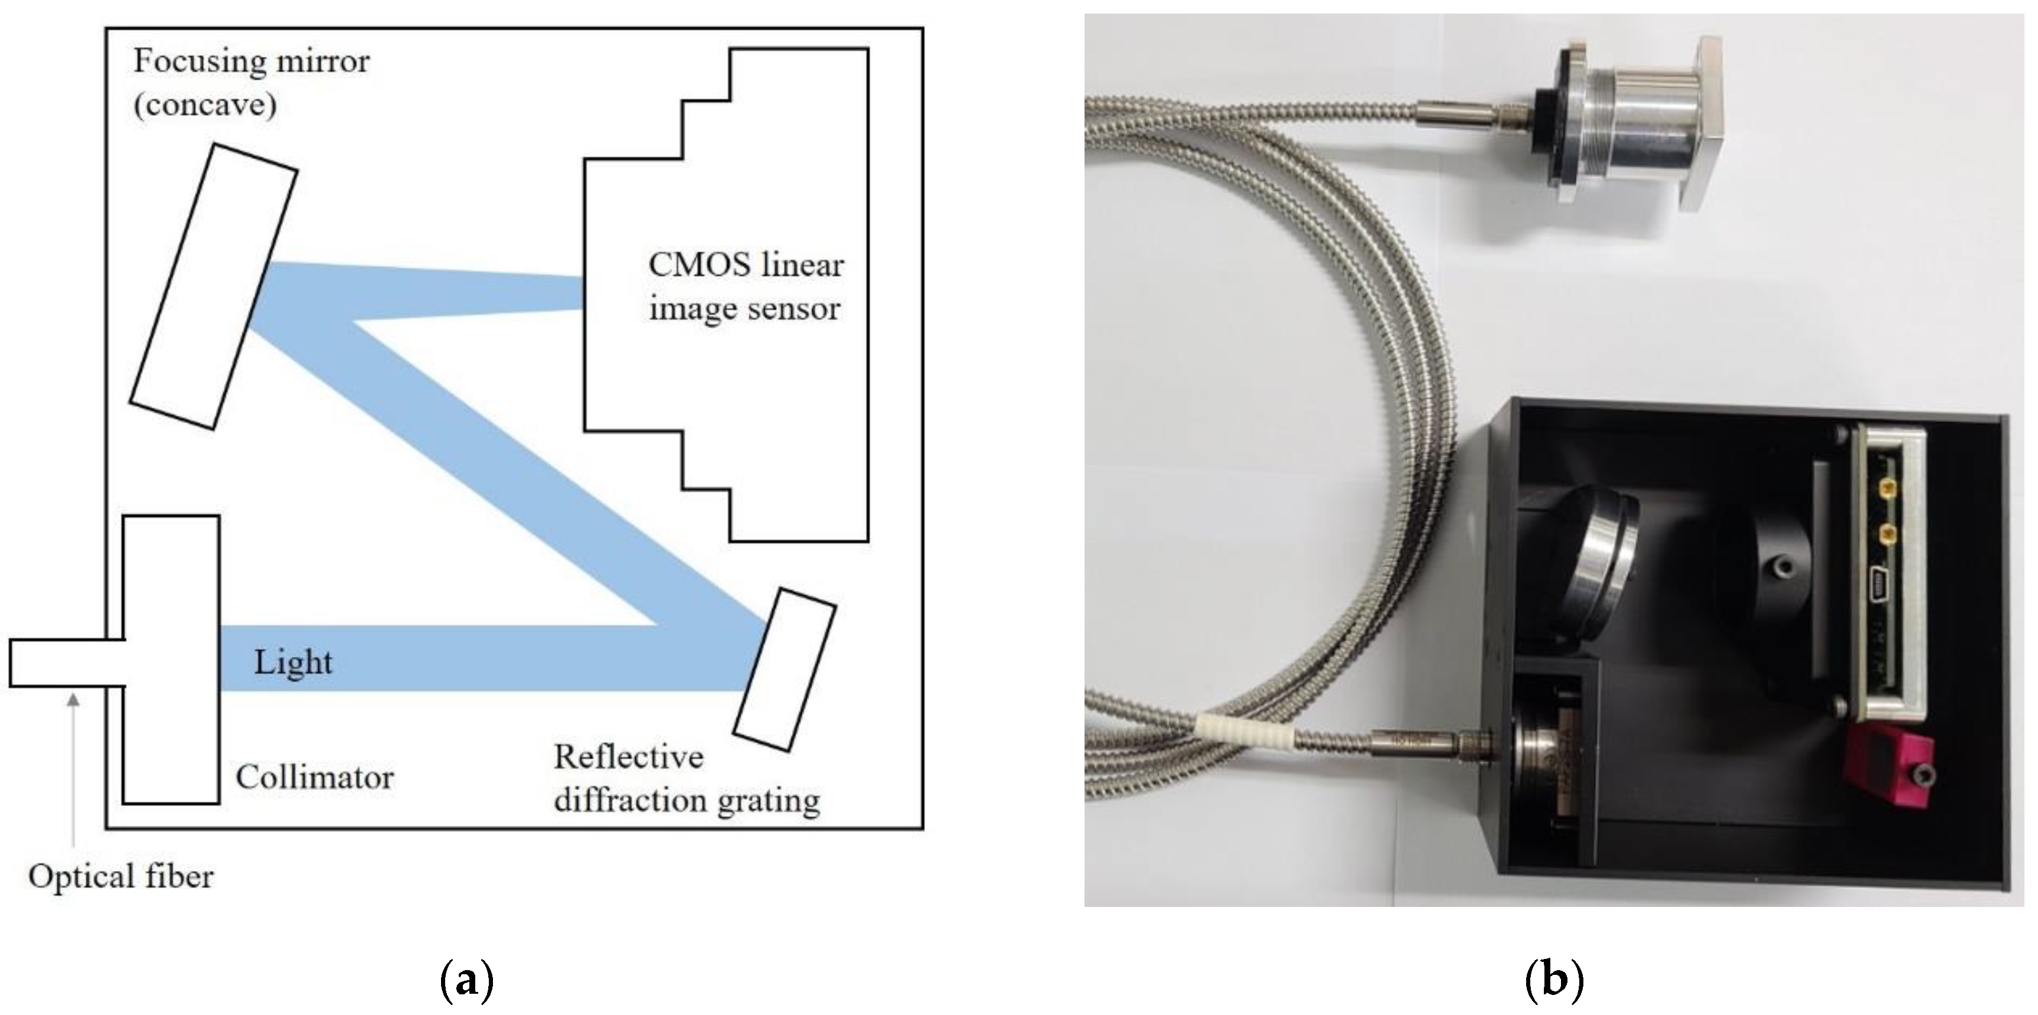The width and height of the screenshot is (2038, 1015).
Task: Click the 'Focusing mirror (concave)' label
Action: coord(251,82)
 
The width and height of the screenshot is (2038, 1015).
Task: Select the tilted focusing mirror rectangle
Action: coord(214,286)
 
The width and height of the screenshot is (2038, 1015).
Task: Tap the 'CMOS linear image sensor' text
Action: coord(745,286)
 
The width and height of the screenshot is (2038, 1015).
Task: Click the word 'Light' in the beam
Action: coord(293,661)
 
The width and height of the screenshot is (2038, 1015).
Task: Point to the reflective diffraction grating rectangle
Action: coord(784,668)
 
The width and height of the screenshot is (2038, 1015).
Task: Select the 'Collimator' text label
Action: coord(314,778)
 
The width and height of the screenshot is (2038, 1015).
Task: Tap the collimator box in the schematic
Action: coord(171,660)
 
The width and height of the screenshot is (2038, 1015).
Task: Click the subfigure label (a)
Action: coord(466,980)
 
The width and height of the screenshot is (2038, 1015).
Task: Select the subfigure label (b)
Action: coord(1554,980)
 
